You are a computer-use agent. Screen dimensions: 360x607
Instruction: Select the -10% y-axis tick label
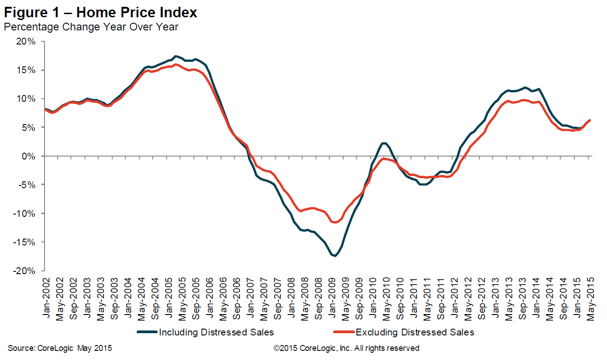tap(26, 213)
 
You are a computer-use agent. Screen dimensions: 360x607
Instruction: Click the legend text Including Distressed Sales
tap(216, 332)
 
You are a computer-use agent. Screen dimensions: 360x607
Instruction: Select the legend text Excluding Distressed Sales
tap(415, 332)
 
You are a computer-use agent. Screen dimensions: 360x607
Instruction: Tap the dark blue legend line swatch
tap(147, 332)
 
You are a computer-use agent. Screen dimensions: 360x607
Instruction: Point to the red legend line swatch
tap(344, 332)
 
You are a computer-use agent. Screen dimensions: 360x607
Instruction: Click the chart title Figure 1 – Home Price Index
tap(100, 12)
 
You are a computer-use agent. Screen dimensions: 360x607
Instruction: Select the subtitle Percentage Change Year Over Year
tap(91, 27)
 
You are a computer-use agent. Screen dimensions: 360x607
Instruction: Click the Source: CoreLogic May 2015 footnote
tap(60, 349)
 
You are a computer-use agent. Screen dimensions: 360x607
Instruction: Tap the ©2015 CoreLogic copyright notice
tap(346, 349)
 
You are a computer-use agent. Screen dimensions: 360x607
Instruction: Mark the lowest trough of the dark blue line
tap(335, 256)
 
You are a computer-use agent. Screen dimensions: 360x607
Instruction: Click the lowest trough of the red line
tap(335, 222)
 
